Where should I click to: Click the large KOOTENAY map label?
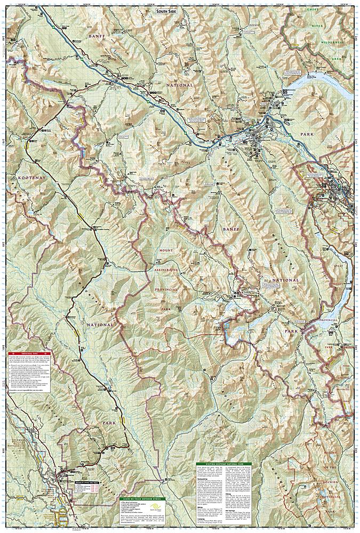[21, 174]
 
